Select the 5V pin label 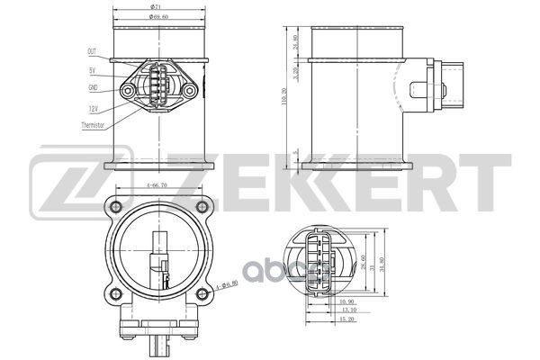click(x=93, y=70)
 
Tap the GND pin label click(x=93, y=88)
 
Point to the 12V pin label click(x=93, y=109)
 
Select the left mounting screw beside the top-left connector click(x=130, y=90)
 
